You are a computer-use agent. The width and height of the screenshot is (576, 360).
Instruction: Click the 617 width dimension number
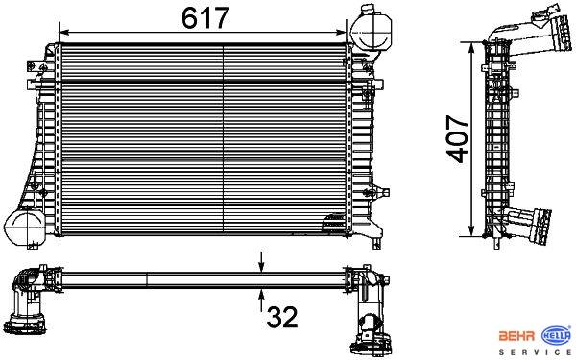(x=205, y=18)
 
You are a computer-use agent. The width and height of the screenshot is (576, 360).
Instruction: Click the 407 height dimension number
(x=457, y=139)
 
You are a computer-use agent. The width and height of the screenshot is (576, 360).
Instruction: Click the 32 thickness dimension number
(x=282, y=318)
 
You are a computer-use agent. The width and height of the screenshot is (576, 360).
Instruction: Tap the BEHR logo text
(x=516, y=336)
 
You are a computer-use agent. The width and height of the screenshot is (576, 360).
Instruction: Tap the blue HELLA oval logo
(x=557, y=335)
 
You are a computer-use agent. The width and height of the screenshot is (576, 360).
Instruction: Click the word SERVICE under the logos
(x=535, y=352)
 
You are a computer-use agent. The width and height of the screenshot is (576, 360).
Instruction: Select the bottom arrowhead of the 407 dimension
(x=472, y=230)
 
